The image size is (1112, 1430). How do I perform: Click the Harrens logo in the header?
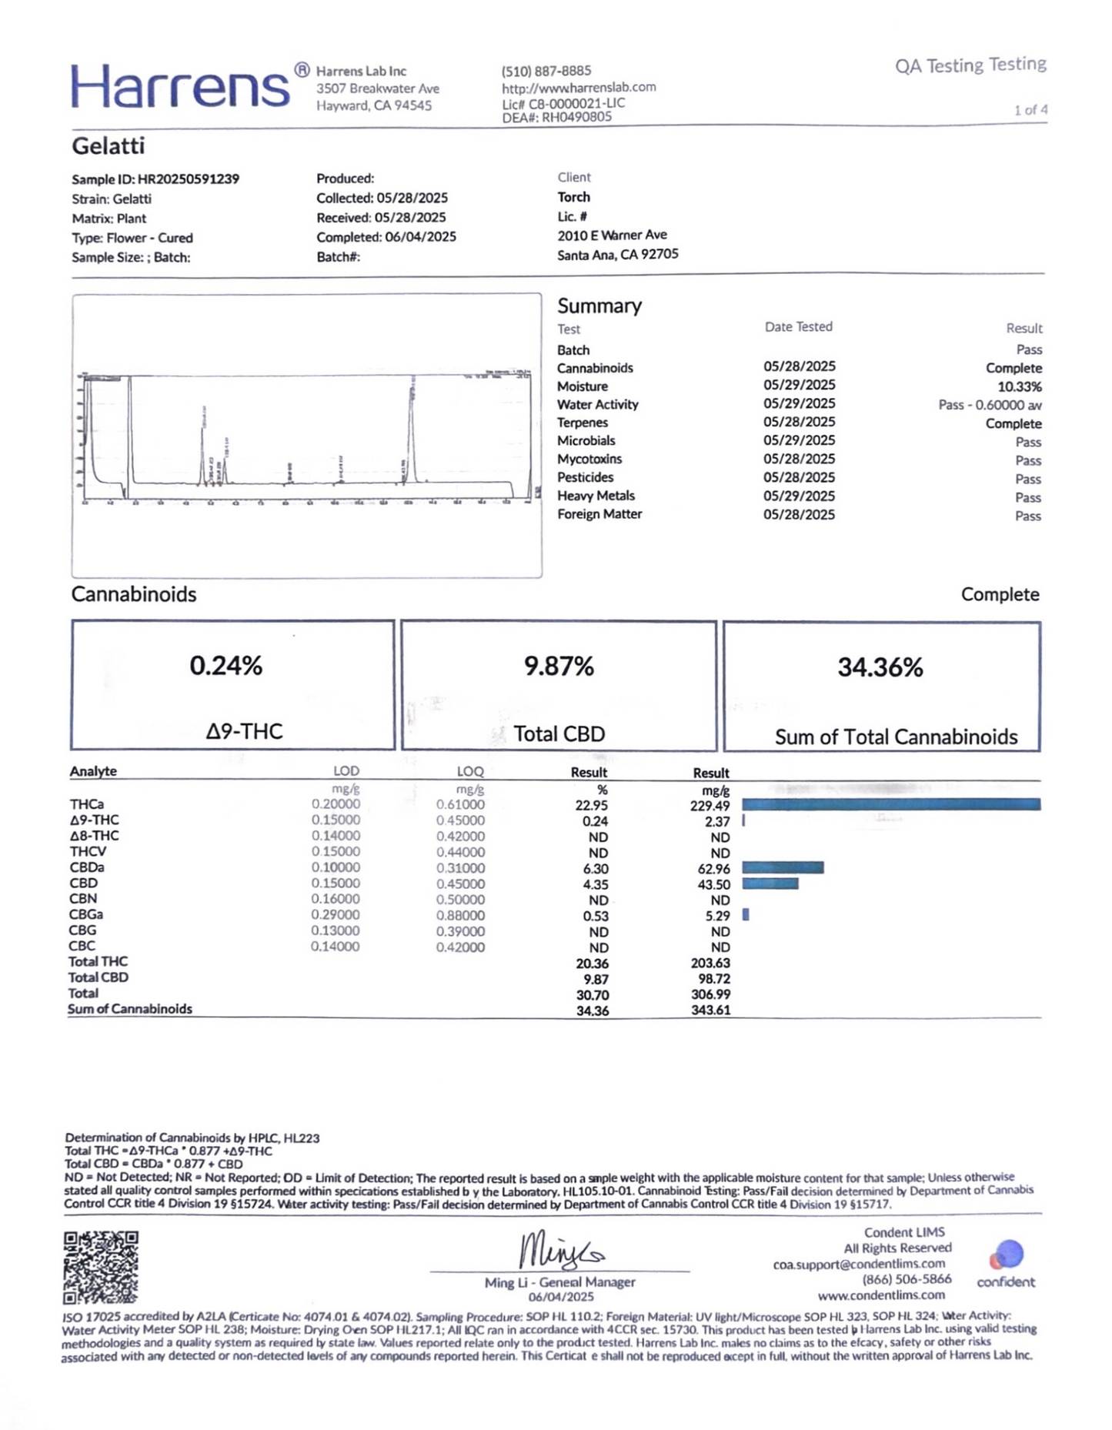click(181, 86)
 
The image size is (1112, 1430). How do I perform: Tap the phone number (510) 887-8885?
click(546, 71)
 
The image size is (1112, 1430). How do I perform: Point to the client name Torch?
click(574, 197)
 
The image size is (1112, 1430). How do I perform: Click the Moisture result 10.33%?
click(1020, 386)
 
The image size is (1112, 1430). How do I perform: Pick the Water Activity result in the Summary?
click(990, 405)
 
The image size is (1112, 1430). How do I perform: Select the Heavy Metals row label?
click(596, 496)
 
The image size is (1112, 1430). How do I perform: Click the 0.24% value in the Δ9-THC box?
click(226, 666)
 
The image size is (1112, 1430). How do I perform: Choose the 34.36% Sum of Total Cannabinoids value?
click(880, 667)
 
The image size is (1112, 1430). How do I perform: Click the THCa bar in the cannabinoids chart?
click(891, 804)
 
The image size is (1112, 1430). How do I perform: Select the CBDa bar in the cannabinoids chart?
click(783, 867)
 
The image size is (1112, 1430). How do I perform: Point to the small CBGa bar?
click(746, 914)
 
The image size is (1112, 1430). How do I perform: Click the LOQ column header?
click(470, 771)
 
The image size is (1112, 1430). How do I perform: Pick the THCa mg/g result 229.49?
click(710, 806)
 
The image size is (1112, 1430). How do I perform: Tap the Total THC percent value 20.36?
click(593, 964)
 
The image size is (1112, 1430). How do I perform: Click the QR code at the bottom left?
click(101, 1268)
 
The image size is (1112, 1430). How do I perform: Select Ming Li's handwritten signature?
click(560, 1251)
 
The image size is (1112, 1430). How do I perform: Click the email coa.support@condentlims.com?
click(859, 1264)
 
